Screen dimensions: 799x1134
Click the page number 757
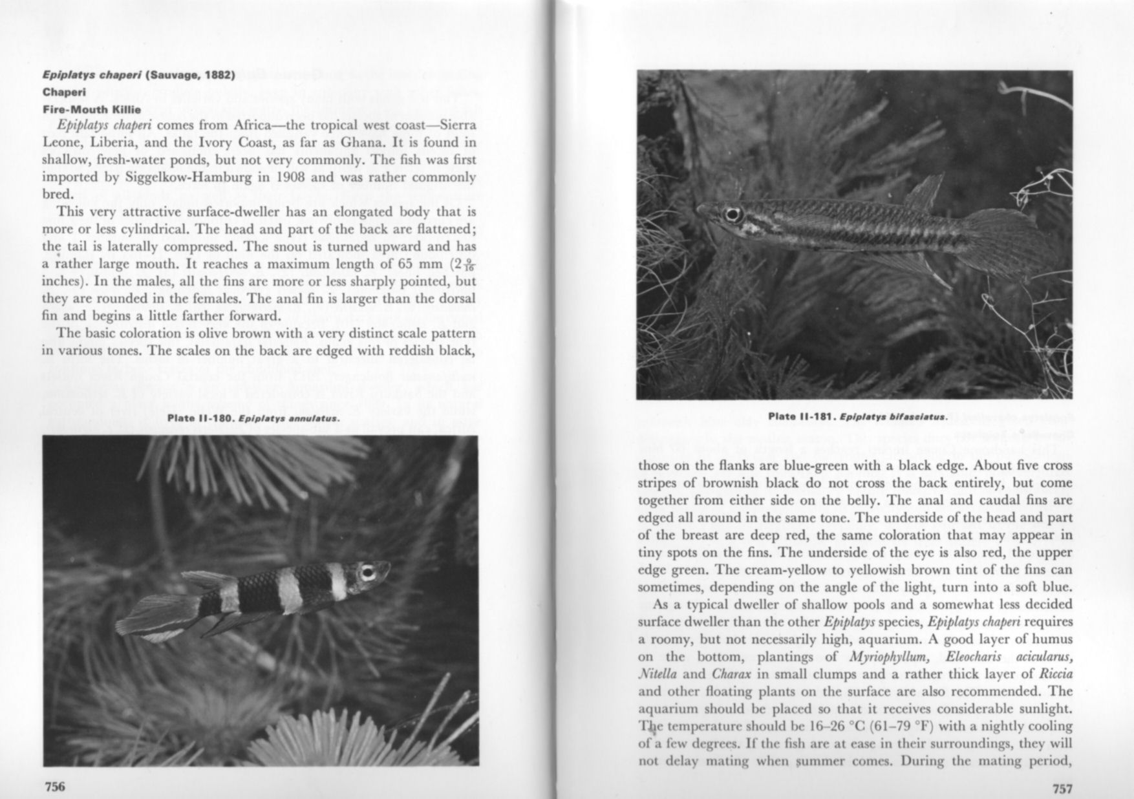pos(1063,788)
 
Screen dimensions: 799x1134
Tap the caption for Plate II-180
pos(253,418)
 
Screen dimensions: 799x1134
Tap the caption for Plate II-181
pos(857,416)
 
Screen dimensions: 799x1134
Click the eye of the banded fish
pos(368,572)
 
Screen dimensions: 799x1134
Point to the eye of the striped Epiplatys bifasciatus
pos(733,215)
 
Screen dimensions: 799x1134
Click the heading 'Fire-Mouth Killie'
pos(91,109)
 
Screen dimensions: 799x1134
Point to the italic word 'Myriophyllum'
pos(892,657)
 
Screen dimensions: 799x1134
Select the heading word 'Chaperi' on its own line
pos(64,92)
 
